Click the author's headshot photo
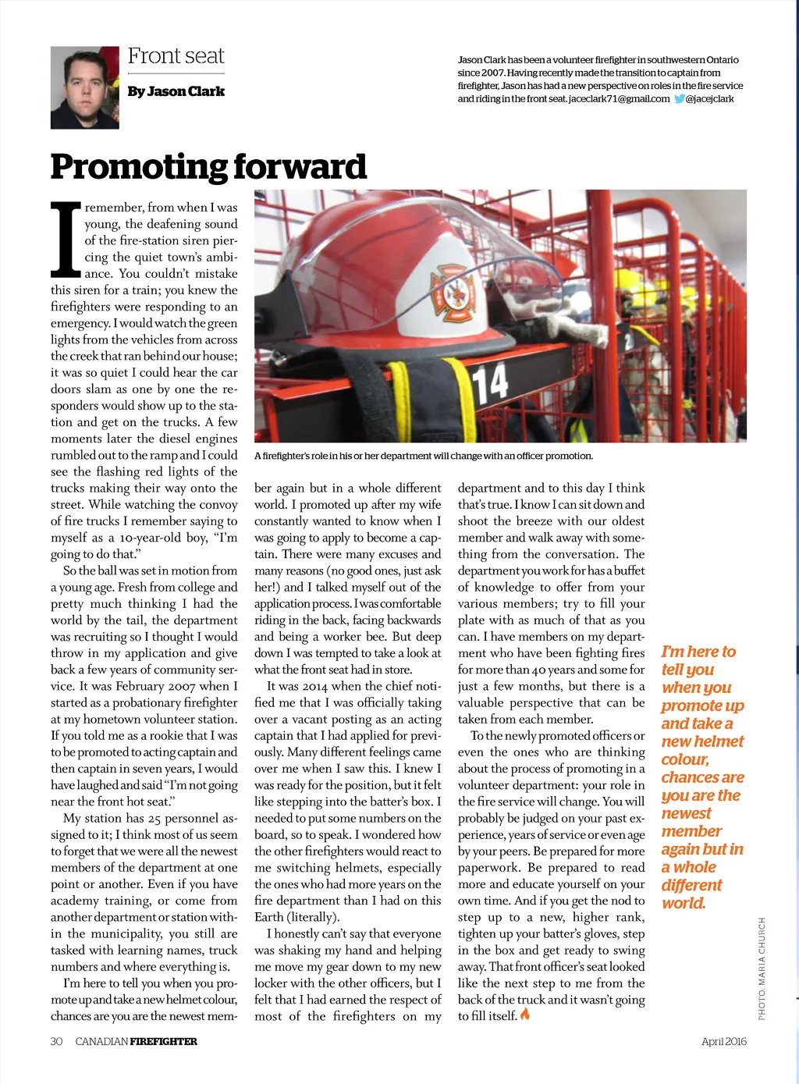coord(84,87)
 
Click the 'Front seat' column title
coord(176,56)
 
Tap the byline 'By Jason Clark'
coord(176,91)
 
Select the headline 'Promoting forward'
coord(208,166)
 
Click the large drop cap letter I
coord(66,240)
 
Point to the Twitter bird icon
coord(679,99)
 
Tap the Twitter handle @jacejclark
coord(710,99)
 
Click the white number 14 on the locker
coord(490,382)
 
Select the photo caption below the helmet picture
coord(423,456)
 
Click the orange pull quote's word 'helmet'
coord(719,741)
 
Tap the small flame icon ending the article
coord(525,1015)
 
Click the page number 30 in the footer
coord(56,1041)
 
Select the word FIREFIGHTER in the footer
coord(163,1041)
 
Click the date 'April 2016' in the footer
coord(723,1041)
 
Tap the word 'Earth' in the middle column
coord(268,917)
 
